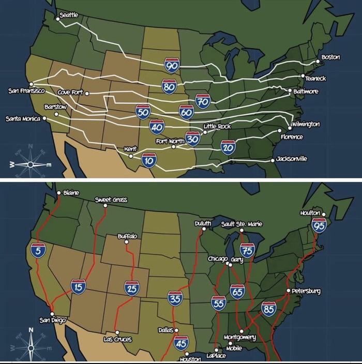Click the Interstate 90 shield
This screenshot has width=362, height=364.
tap(172, 65)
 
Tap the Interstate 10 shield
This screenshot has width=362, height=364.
tap(149, 160)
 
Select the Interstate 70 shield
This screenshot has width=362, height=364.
tap(203, 101)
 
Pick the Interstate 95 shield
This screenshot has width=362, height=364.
tap(319, 225)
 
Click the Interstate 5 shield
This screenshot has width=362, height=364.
tap(38, 250)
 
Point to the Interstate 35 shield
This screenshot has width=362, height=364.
tap(175, 298)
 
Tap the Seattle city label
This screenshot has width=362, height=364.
tap(69, 15)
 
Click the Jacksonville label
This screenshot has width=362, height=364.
tap(292, 159)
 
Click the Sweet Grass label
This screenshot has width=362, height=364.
tap(111, 200)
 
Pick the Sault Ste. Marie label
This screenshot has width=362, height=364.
tap(242, 224)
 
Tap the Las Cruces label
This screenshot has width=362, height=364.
tap(117, 339)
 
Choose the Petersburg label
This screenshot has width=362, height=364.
tap(306, 291)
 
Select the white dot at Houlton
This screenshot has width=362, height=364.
tap(324, 214)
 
